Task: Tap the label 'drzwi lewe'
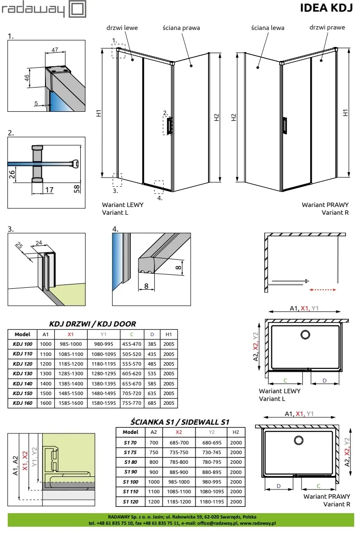coord(125,28)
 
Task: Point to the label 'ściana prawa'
coord(181,28)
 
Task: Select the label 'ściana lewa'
coord(268,28)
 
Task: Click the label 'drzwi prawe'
coord(328,28)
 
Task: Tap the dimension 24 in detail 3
coord(39,243)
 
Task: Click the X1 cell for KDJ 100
coord(71,344)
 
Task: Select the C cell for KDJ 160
coord(132,402)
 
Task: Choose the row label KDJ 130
coord(23,373)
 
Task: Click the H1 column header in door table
coord(169,334)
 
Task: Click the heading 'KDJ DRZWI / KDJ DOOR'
coord(93,324)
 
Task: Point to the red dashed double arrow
coord(323,290)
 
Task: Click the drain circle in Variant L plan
coord(306,334)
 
